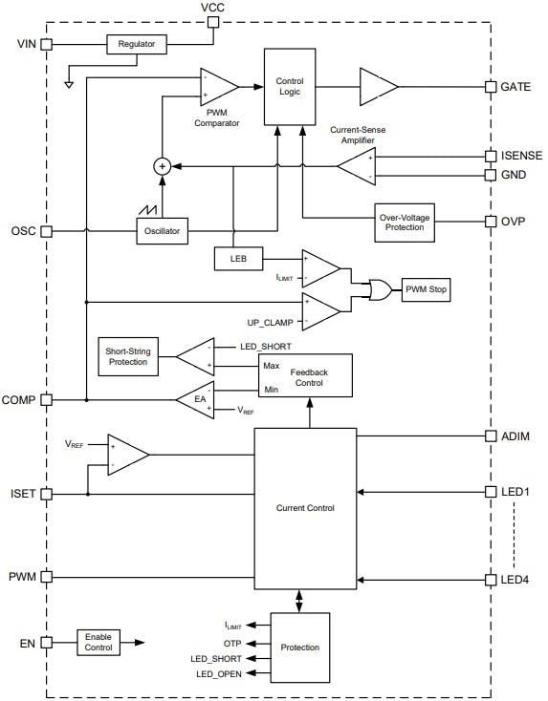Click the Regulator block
click(x=136, y=45)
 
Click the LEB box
click(x=233, y=258)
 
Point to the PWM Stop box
click(x=426, y=289)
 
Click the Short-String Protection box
click(x=126, y=355)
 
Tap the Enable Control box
click(x=99, y=642)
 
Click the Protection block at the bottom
click(x=300, y=647)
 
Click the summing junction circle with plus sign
click(x=163, y=166)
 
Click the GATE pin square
click(x=493, y=86)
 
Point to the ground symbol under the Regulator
click(x=69, y=83)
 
